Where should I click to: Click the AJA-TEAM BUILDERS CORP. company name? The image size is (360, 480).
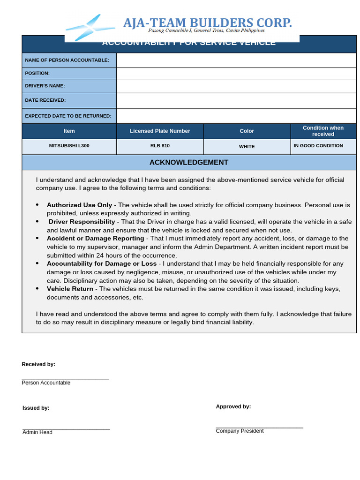pyautogui.click(x=207, y=22)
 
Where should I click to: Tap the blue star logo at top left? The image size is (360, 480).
pyautogui.click(x=90, y=27)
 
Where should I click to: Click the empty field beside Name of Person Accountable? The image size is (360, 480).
pyautogui.click(x=236, y=60)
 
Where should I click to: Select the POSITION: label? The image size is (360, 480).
pyautogui.click(x=37, y=73)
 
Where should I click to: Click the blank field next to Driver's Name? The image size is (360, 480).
pyautogui.click(x=236, y=86)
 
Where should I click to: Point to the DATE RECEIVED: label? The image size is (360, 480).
pyautogui.click(x=45, y=100)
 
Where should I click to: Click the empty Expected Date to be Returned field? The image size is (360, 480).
pyautogui.click(x=236, y=116)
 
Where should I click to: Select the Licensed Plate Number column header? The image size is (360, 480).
pyautogui.click(x=160, y=131)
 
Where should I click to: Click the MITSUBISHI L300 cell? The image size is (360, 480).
pyautogui.click(x=69, y=146)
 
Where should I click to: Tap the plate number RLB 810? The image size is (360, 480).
pyautogui.click(x=160, y=146)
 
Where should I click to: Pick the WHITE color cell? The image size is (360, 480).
pyautogui.click(x=247, y=147)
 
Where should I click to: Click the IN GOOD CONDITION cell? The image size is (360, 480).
pyautogui.click(x=318, y=146)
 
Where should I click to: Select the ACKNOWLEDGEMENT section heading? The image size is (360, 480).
pyautogui.click(x=189, y=163)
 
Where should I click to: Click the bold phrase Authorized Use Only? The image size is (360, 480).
pyautogui.click(x=79, y=205)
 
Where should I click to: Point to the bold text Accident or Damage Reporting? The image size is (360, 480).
pyautogui.click(x=95, y=239)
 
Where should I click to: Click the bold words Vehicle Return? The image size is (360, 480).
pyautogui.click(x=70, y=289)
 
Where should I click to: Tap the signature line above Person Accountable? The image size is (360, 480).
pyautogui.click(x=65, y=379)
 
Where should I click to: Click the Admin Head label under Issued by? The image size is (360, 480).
pyautogui.click(x=37, y=432)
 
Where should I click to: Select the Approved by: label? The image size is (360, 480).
pyautogui.click(x=233, y=407)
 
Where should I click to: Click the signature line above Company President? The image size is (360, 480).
pyautogui.click(x=259, y=427)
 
